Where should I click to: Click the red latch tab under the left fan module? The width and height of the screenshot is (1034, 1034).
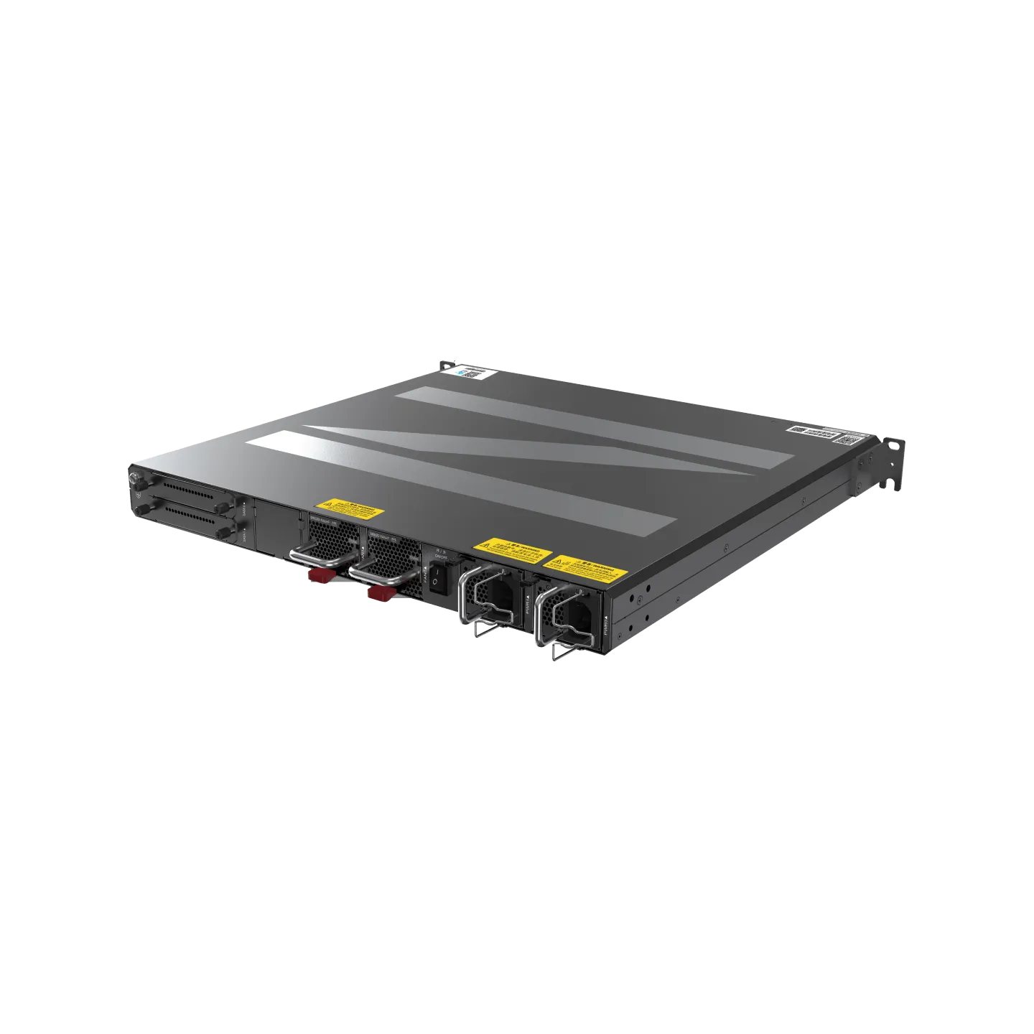coord(319,575)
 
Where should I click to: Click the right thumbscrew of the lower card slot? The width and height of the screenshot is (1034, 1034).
coord(224,532)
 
